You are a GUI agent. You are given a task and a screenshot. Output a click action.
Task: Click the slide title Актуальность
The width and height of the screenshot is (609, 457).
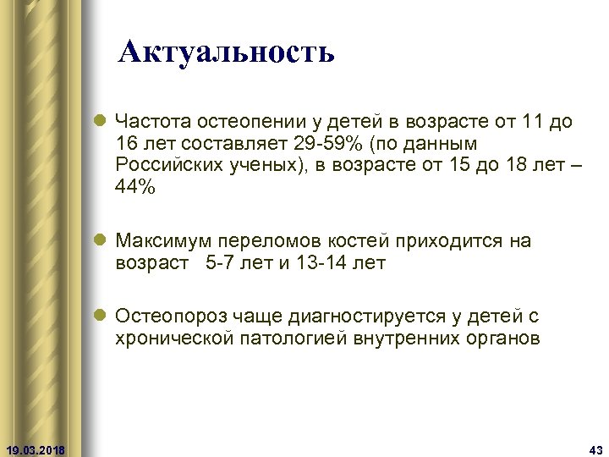[x=227, y=52]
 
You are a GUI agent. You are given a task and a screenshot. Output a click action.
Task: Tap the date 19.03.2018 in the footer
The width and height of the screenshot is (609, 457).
[x=39, y=448]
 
